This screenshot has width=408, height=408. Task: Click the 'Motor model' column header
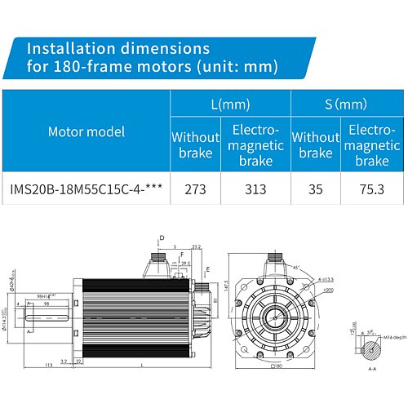[x=86, y=131]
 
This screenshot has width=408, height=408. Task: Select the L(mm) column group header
[x=230, y=104]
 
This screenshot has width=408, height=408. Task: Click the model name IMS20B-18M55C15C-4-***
[x=86, y=189]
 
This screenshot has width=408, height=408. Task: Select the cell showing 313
[x=256, y=189]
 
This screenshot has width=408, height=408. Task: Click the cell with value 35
[x=316, y=189]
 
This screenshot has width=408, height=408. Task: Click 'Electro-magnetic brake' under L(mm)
[x=256, y=144]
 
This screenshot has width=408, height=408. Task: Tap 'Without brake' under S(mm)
[x=316, y=144]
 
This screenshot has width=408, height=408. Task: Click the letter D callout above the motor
[x=162, y=237]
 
